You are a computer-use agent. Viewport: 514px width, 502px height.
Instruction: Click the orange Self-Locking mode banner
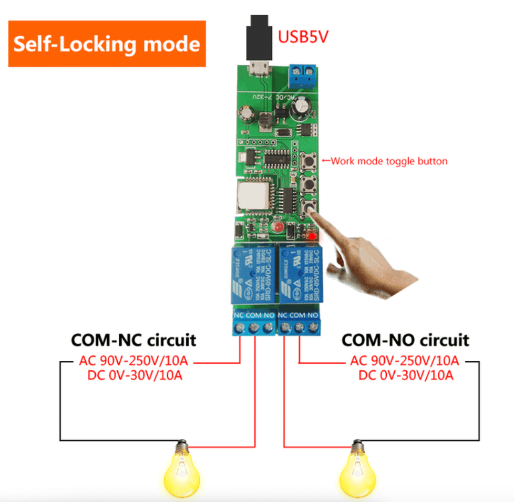pyautogui.click(x=107, y=44)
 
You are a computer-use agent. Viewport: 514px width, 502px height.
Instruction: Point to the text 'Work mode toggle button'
pyautogui.click(x=389, y=161)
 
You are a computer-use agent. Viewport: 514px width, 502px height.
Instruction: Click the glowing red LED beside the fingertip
pyautogui.click(x=313, y=237)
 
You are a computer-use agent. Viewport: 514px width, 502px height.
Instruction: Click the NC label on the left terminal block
pyautogui.click(x=239, y=315)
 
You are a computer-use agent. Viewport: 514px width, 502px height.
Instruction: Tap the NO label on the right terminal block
pyautogui.click(x=313, y=315)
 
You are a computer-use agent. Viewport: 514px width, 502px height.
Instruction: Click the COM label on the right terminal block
pyautogui.click(x=297, y=315)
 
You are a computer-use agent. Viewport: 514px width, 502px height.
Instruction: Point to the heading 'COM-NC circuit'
pyautogui.click(x=133, y=340)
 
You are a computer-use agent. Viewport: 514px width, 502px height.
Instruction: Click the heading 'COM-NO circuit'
pyautogui.click(x=405, y=340)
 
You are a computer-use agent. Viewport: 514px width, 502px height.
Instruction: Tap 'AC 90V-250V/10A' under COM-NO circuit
pyautogui.click(x=405, y=361)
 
